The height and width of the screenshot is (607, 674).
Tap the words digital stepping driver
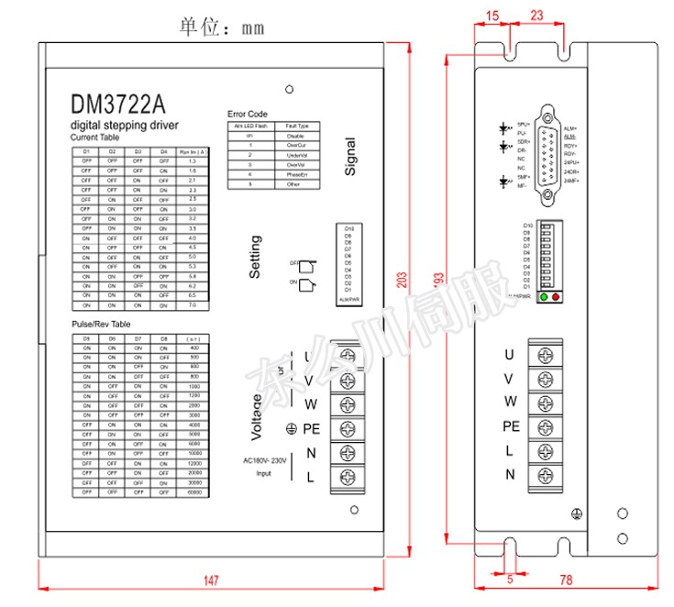(x=125, y=126)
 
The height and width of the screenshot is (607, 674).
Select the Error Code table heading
(x=247, y=114)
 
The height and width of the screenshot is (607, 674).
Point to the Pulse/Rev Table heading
(x=101, y=325)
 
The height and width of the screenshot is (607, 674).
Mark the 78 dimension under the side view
(x=566, y=579)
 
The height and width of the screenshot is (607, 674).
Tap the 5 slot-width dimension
(x=509, y=578)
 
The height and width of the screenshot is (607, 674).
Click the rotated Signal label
(x=351, y=156)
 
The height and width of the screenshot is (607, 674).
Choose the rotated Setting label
(x=256, y=258)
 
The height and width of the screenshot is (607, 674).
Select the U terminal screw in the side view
(x=547, y=355)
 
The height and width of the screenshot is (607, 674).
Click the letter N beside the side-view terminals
(x=510, y=474)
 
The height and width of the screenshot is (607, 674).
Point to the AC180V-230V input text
(x=265, y=461)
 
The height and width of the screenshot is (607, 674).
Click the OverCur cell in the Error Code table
(x=296, y=144)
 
